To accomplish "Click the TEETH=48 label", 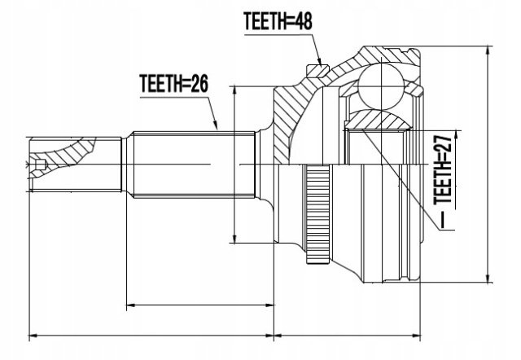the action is tap(278, 21).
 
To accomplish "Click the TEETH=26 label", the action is tap(173, 83).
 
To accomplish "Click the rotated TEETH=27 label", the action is tap(443, 170).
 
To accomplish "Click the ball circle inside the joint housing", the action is tap(381, 86).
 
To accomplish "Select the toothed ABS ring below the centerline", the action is tap(318, 213).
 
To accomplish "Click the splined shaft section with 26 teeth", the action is tap(194, 165).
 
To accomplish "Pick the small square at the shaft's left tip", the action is tap(40, 164).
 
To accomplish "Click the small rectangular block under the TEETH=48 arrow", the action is tap(317, 71).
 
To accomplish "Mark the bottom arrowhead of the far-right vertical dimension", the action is tap(488, 277).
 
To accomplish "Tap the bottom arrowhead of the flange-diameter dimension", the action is tap(234, 238).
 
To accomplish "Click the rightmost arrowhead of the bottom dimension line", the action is tap(414, 336).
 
